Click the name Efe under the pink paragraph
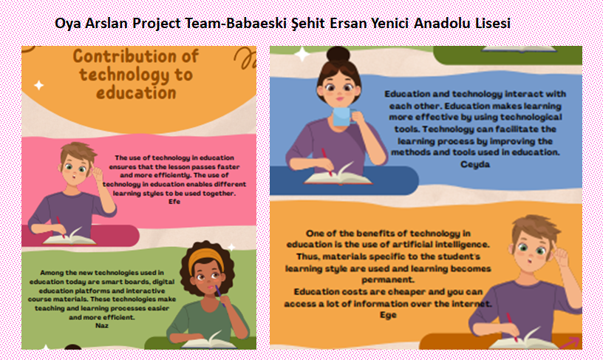(174, 202)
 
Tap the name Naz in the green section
(101, 325)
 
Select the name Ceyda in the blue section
(475, 165)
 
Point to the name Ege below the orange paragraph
(388, 315)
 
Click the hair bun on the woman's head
(338, 55)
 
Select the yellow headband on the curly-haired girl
(205, 259)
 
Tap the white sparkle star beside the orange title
(39, 85)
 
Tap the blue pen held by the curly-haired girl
(219, 296)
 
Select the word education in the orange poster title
(136, 92)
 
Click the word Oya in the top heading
(68, 24)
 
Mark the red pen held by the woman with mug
(327, 162)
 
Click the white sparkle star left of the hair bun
(302, 54)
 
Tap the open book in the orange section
(524, 339)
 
